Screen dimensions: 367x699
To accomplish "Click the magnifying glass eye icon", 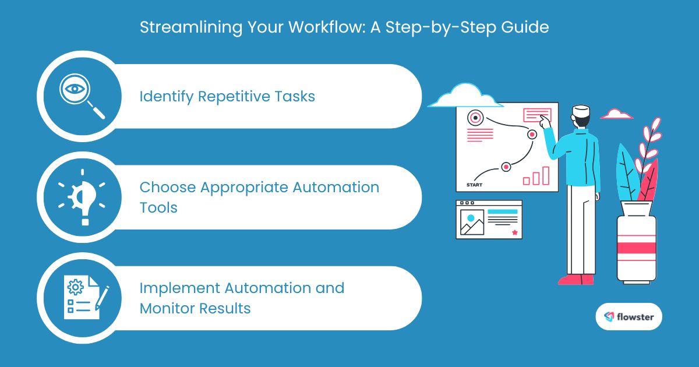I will click(x=81, y=97).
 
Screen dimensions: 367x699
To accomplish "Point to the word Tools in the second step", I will click(x=158, y=207).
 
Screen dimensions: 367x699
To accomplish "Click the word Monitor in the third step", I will click(x=165, y=308).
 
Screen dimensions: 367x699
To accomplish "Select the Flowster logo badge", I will click(x=629, y=317).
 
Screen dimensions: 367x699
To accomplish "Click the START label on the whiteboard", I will click(x=475, y=185).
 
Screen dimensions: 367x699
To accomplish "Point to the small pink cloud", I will click(x=616, y=114).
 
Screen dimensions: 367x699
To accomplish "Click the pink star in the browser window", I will click(x=514, y=232).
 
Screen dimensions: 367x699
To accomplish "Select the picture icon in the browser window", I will click(x=472, y=221).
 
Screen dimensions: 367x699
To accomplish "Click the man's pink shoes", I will click(x=576, y=280).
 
